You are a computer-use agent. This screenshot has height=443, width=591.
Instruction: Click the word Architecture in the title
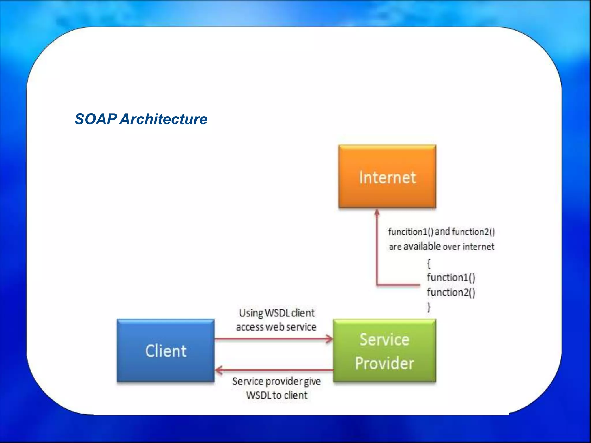point(164,119)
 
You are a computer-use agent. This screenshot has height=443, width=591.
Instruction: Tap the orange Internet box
point(387,177)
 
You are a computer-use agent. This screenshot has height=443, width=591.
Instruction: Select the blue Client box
point(166,351)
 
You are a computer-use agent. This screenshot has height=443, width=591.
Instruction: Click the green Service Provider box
point(384,351)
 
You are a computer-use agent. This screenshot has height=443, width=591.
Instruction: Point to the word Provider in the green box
point(384,363)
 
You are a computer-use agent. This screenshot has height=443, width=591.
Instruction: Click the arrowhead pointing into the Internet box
point(377,213)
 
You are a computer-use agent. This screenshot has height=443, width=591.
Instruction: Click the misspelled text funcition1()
point(411,232)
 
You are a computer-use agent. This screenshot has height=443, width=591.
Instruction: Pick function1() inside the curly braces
point(451,277)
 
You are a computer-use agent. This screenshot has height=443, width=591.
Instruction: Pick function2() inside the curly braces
point(451,292)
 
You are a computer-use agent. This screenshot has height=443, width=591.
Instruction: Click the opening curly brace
point(429,263)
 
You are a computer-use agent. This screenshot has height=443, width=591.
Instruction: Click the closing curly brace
point(429,307)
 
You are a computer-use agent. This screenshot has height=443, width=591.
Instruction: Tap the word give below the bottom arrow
point(312,381)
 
